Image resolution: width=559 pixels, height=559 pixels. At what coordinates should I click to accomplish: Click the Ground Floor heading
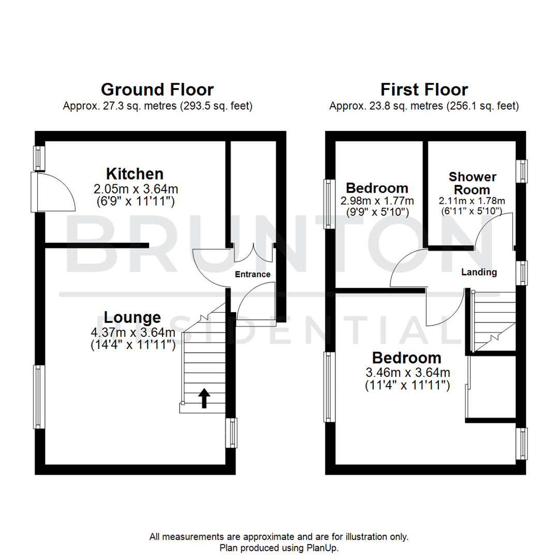tap(157, 90)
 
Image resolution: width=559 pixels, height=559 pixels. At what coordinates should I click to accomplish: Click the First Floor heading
tap(424, 90)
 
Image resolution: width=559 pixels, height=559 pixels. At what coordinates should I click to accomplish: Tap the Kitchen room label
tap(135, 173)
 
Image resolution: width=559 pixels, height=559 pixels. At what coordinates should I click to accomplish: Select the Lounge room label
tap(133, 317)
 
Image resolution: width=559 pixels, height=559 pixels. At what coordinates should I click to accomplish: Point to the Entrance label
tap(253, 274)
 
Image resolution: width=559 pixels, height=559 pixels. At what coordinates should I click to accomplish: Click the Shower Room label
tap(472, 183)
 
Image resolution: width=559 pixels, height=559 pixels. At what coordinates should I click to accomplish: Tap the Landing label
tap(479, 272)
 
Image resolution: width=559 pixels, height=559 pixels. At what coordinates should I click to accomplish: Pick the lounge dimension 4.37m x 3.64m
tap(133, 331)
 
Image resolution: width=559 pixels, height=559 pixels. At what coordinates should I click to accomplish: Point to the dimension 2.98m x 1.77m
tap(377, 201)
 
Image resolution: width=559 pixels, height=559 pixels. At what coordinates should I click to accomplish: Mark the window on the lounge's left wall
tap(39, 396)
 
